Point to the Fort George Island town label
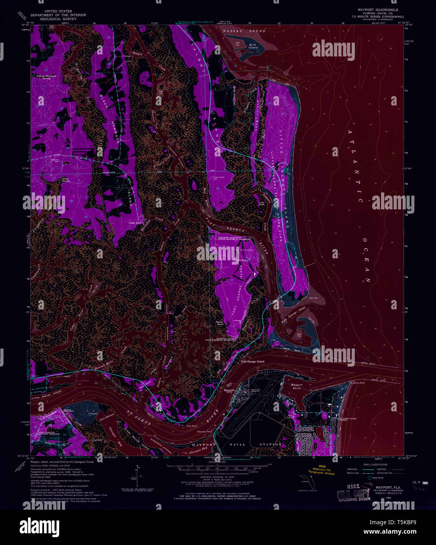pos(253,362)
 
